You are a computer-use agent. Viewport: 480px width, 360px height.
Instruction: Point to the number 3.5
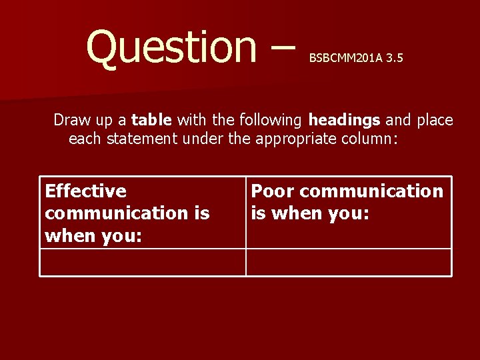pos(394,59)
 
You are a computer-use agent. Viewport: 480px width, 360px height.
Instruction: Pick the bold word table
pos(152,120)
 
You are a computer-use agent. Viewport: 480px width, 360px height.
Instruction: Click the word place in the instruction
pos(435,121)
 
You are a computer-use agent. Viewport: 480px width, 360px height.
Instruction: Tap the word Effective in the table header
pos(85,191)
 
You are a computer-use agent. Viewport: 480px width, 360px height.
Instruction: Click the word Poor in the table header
pos(273,191)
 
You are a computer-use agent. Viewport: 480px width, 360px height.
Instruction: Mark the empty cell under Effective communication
pos(142,262)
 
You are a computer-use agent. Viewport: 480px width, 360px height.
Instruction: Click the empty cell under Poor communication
pos(349,262)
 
